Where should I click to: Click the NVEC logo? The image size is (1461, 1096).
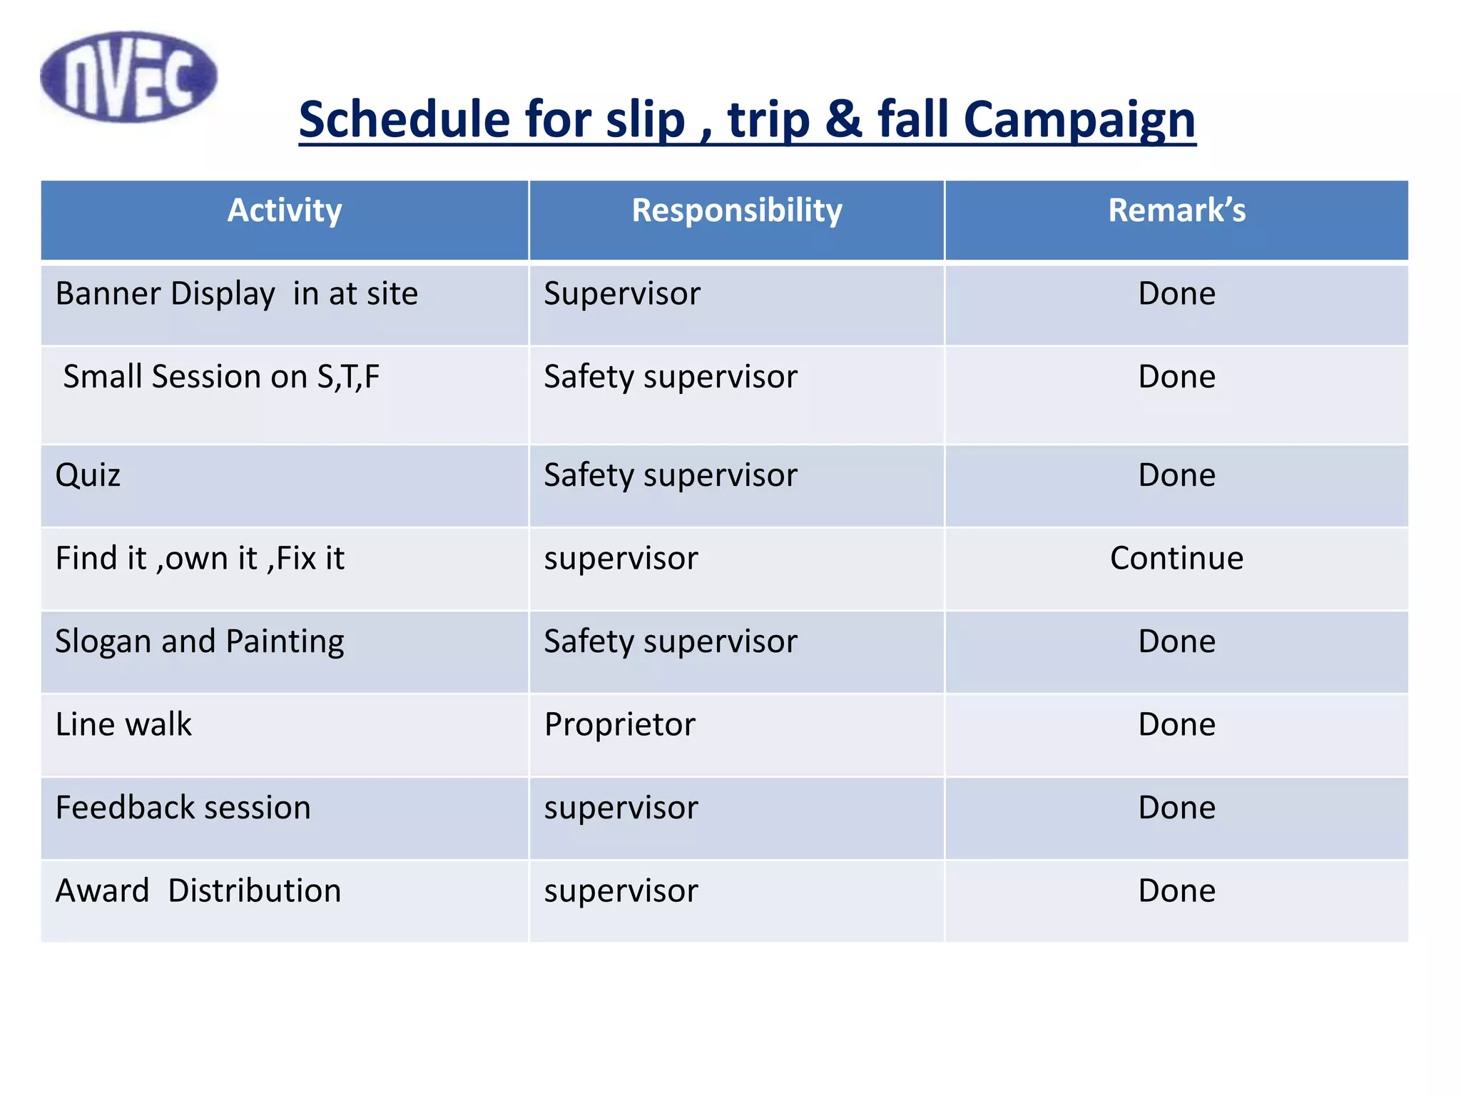(129, 76)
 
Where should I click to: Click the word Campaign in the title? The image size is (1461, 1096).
(1079, 119)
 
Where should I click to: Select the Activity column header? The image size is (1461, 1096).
(285, 211)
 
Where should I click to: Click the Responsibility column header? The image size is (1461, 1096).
(737, 211)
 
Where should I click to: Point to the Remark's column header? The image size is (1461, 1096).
(1176, 211)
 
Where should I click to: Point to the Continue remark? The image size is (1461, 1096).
(1176, 559)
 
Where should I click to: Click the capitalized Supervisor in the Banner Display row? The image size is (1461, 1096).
(622, 294)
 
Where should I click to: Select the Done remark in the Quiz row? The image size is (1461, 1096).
(1176, 475)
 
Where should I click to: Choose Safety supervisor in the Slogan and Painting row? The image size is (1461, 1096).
(671, 641)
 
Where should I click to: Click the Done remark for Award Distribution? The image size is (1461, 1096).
(1176, 891)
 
